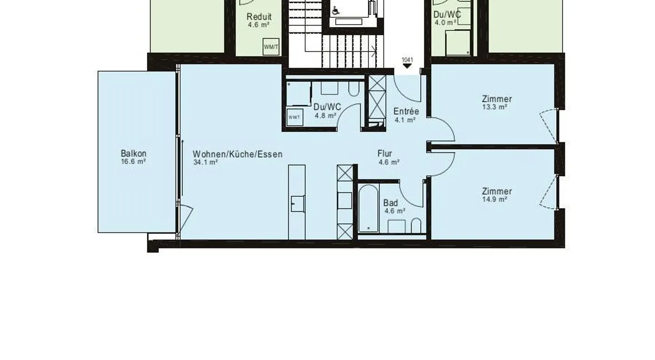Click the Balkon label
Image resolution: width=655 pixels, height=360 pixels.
[134, 154]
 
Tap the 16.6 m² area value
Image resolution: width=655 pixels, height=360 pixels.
[134, 161]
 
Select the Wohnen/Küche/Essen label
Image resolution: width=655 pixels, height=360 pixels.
[237, 154]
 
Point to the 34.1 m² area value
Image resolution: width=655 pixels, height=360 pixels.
[205, 162]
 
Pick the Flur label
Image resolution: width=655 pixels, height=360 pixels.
[385, 154]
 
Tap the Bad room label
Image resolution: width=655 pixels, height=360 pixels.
[390, 203]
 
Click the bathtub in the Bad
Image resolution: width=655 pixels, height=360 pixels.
[368, 208]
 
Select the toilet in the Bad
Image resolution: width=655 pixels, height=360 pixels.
[416, 225]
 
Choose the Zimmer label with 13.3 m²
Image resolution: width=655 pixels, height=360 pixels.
[497, 99]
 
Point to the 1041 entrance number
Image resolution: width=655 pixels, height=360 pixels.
[407, 60]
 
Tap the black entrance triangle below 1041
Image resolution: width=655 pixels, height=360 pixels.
[407, 66]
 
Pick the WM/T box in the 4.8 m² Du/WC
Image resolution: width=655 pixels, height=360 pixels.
[294, 117]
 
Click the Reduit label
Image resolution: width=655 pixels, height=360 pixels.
[259, 17]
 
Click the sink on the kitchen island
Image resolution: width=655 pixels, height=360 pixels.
[297, 203]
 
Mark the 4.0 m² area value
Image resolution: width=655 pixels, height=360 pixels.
[445, 22]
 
